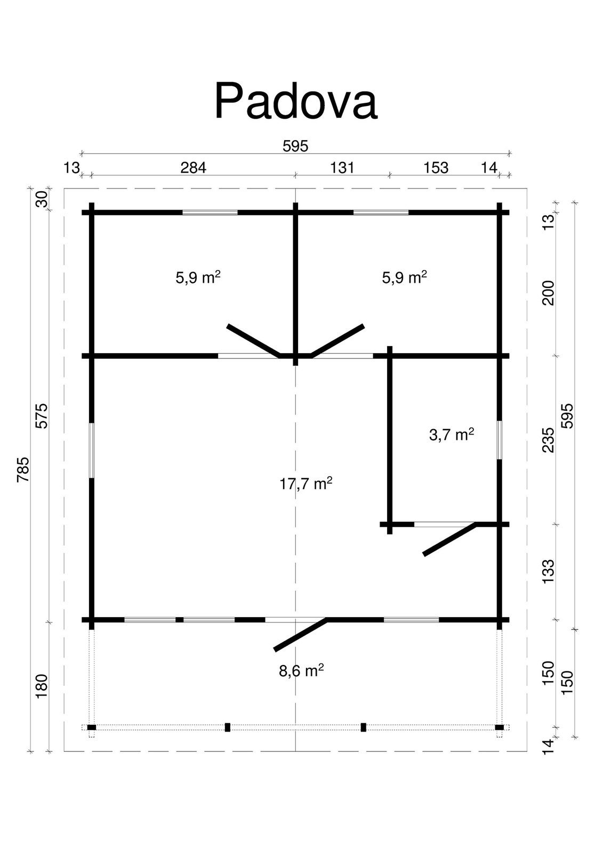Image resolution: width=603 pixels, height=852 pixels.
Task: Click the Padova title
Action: [x=296, y=101]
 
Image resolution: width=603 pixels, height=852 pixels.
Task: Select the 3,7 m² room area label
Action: [x=452, y=434]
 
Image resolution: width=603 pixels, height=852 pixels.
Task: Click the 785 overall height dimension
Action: [x=23, y=470]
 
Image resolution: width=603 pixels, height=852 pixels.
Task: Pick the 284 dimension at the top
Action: [x=193, y=167]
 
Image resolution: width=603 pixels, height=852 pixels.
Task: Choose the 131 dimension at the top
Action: [x=342, y=167]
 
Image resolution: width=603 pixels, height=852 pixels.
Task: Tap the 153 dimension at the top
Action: [x=436, y=167]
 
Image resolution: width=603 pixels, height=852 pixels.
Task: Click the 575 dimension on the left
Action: [x=42, y=416]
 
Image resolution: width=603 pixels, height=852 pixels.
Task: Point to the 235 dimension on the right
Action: [x=549, y=440]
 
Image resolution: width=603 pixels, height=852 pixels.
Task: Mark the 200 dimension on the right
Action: [x=549, y=293]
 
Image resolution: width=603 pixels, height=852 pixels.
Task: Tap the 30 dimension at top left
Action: [x=42, y=199]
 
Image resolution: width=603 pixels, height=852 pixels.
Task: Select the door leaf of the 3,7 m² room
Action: [x=450, y=539]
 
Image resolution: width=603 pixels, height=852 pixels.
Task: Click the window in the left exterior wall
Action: [x=91, y=450]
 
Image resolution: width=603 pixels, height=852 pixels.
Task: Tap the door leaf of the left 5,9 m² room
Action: [x=254, y=341]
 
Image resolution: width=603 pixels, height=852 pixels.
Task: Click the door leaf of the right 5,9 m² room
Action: [x=337, y=341]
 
